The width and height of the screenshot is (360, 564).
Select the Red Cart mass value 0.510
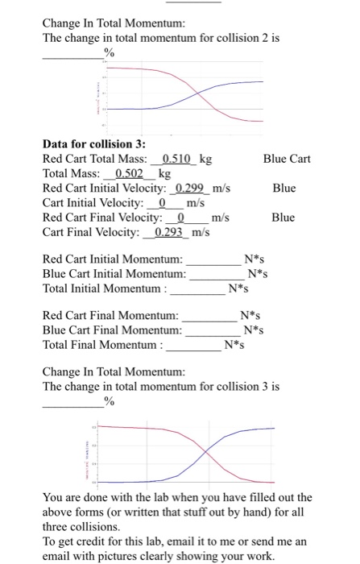coord(176,159)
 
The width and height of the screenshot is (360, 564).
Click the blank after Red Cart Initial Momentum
coord(214,260)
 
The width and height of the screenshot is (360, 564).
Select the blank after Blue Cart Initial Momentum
coord(217,275)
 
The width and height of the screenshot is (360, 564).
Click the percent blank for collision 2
coord(72,55)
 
